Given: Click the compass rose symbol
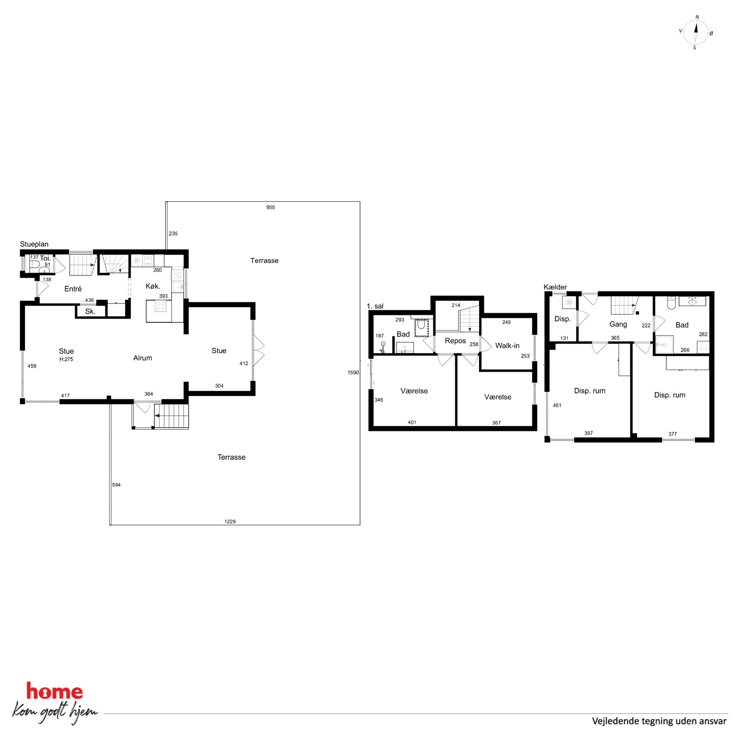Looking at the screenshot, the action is coord(696,33).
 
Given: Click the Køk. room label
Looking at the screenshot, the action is coord(153,286).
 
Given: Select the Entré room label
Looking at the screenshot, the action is coord(73,289).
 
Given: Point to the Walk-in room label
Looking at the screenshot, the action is coord(507,346).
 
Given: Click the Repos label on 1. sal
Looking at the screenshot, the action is coord(455,341).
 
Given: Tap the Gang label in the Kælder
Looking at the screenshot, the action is coord(618,324).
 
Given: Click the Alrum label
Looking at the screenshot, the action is coord(142,358).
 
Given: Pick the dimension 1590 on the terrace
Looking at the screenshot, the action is coord(353,373).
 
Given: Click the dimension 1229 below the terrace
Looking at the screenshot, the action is coord(230,522).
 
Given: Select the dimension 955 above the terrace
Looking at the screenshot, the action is coord(270,208).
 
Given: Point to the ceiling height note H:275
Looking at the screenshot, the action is coord(66,359).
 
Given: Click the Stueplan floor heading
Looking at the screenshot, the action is coord(34,244).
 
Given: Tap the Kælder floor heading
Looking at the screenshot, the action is coord(555,287).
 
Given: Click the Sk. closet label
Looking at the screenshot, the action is coord(90,312).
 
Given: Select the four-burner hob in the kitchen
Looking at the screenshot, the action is coord(160,306).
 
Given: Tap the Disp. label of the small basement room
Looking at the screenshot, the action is coord(563,319).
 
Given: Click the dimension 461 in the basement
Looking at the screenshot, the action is coord(557,405).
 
